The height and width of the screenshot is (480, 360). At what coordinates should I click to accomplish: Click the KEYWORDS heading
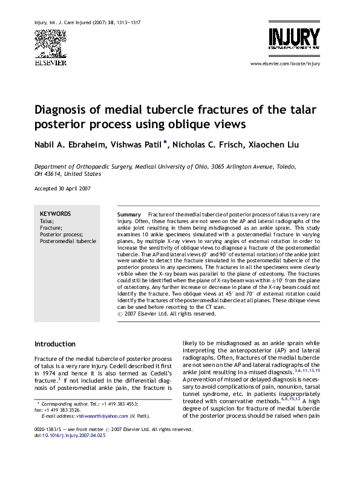pyautogui.click(x=55, y=213)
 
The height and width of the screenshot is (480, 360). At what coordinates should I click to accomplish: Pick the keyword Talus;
pyautogui.click(x=46, y=221)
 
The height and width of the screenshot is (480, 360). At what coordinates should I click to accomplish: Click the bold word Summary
pyautogui.click(x=129, y=215)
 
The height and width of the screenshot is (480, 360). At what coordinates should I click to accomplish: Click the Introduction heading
pyautogui.click(x=55, y=344)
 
